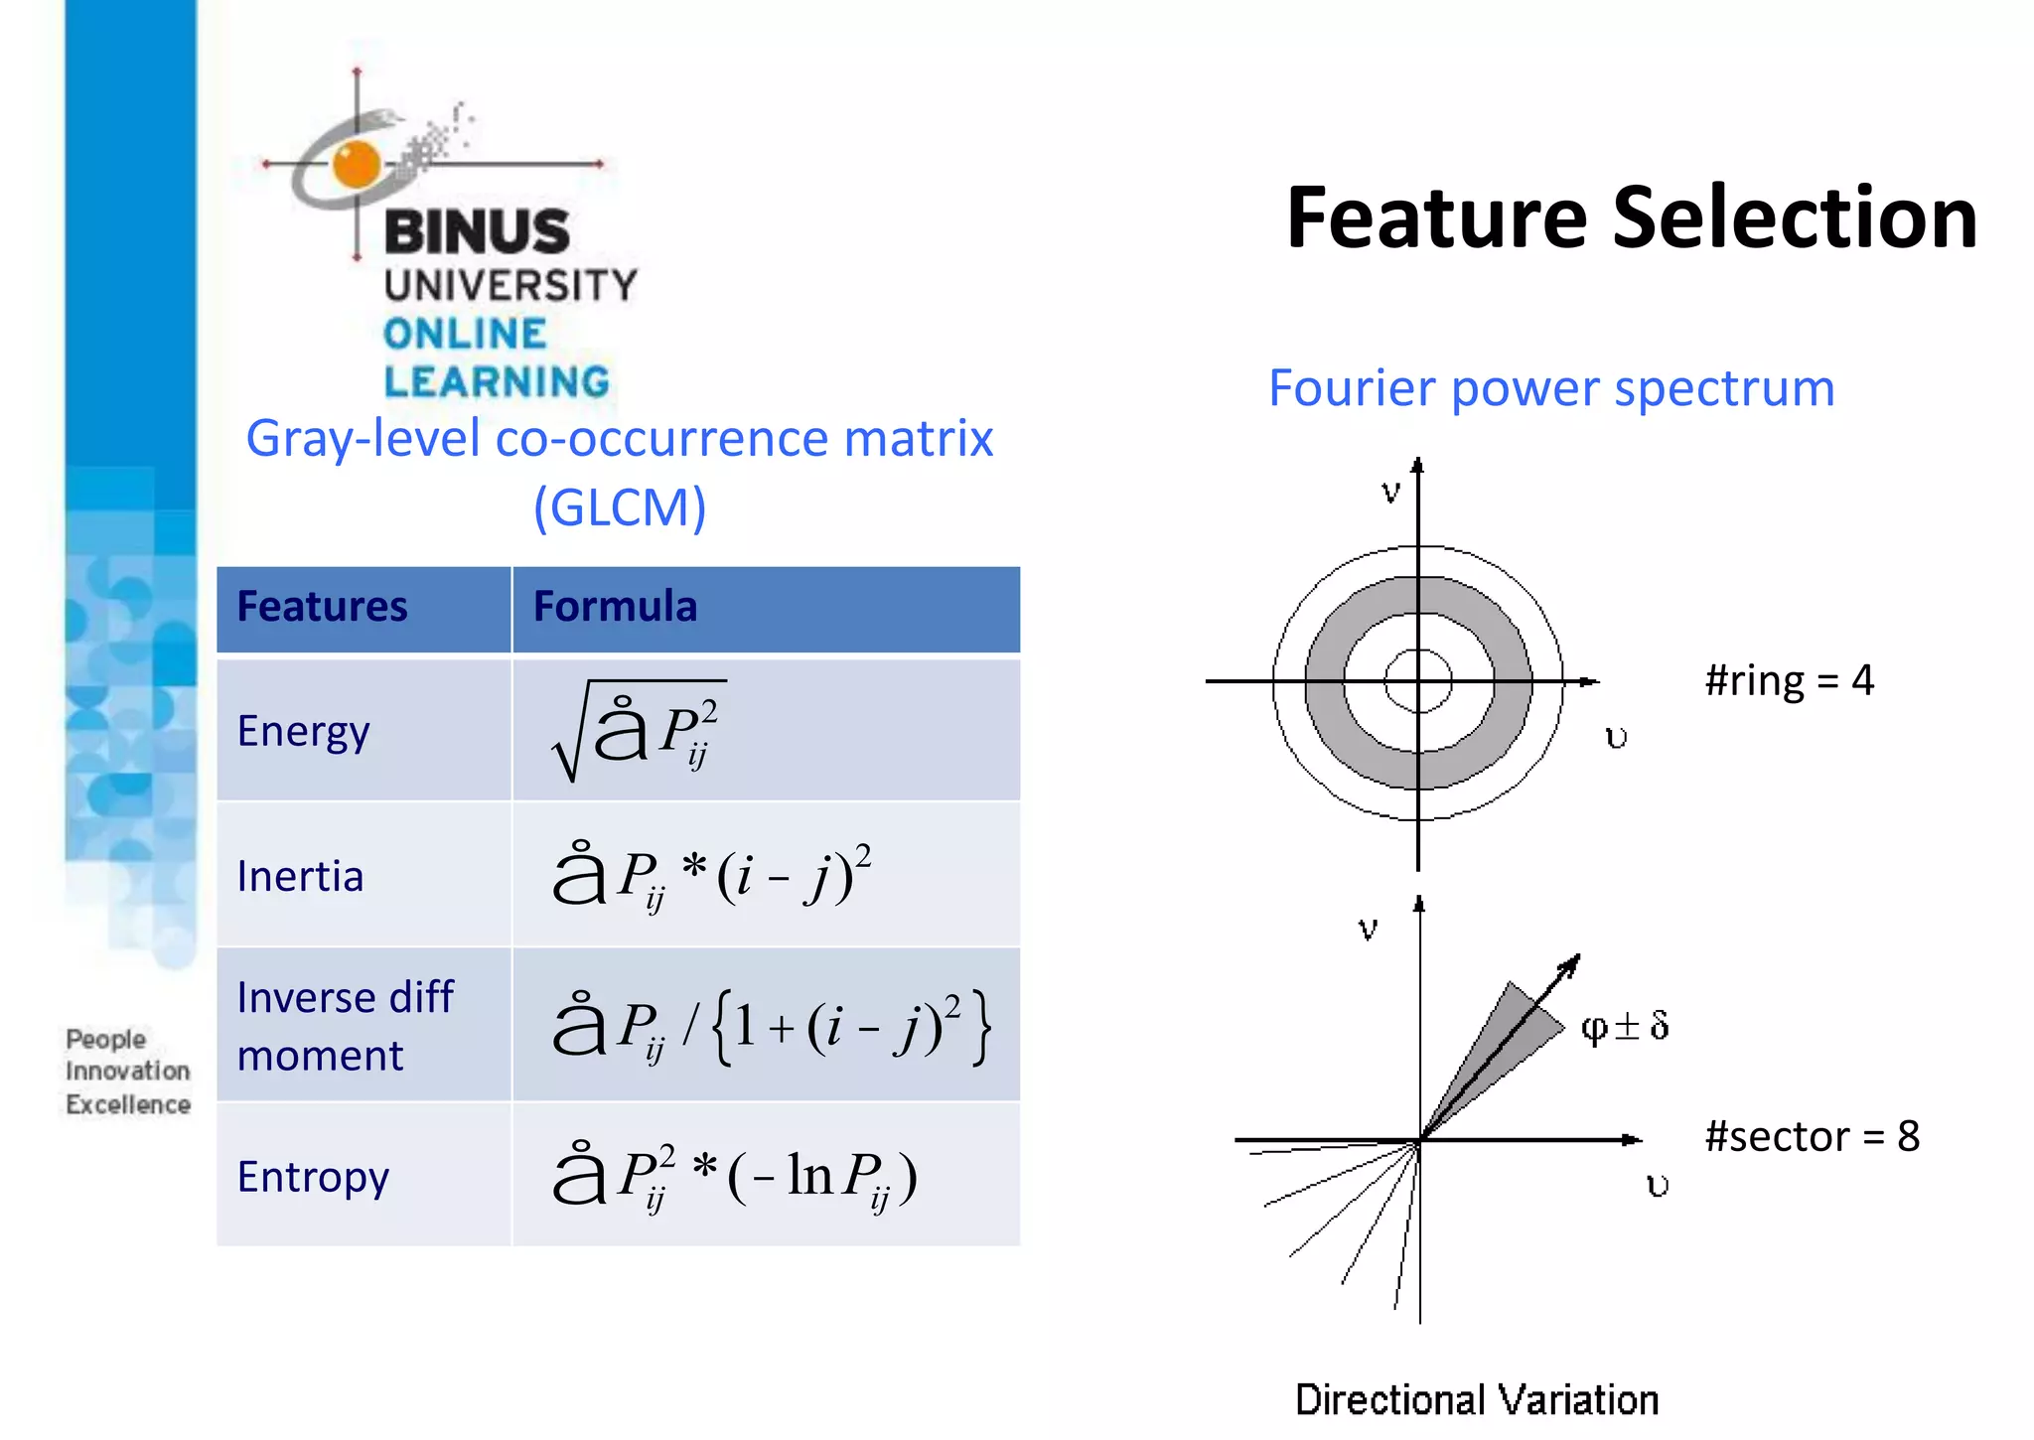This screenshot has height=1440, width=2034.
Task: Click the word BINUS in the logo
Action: [x=477, y=232]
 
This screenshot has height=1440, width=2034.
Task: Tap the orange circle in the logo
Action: [x=357, y=164]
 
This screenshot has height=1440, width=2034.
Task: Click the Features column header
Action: [x=322, y=607]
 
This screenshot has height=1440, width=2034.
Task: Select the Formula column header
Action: [x=615, y=607]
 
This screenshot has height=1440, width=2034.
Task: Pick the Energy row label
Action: [x=303, y=732]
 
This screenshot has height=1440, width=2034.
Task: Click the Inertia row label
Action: [x=300, y=877]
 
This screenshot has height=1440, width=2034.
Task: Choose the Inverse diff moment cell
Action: [x=345, y=1026]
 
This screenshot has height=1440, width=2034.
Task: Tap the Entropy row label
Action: [x=313, y=1177]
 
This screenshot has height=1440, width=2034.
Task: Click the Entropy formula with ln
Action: [x=735, y=1177]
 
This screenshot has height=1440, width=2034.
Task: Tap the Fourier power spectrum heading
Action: [x=1551, y=388]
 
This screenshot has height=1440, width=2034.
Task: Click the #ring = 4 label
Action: [x=1789, y=681]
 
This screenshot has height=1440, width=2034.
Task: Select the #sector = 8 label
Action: [x=1812, y=1137]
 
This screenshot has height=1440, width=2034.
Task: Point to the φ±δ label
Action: [x=1626, y=1026]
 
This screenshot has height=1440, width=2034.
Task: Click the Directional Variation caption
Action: [x=1477, y=1400]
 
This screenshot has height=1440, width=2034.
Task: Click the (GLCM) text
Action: [x=620, y=507]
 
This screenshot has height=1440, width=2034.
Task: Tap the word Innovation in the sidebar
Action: [x=127, y=1072]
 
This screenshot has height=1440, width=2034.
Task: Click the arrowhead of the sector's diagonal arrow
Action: [x=1571, y=963]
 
